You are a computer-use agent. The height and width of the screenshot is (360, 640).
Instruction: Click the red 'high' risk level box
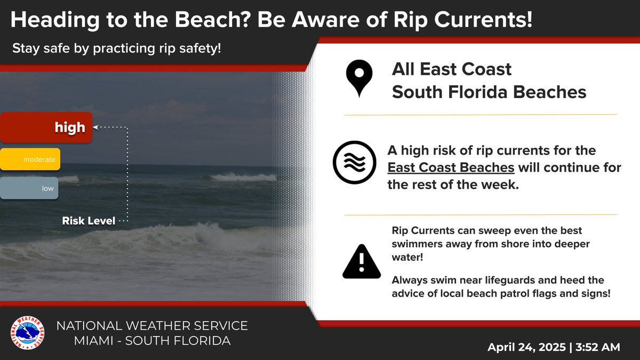point(46,127)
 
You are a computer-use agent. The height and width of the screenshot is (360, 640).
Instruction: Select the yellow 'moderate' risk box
point(30,159)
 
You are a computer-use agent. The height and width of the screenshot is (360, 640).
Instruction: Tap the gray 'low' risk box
point(29,188)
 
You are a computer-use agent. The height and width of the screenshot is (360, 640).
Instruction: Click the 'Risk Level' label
point(89,221)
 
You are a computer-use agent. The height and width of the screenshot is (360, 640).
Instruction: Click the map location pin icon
point(359,79)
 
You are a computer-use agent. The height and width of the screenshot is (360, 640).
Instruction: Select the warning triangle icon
point(361,262)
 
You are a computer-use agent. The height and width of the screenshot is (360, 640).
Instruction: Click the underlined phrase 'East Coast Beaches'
point(451,168)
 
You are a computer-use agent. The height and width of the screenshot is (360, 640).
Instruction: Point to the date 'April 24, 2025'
point(526,347)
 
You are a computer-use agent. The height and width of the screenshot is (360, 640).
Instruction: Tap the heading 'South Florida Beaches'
point(489,92)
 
